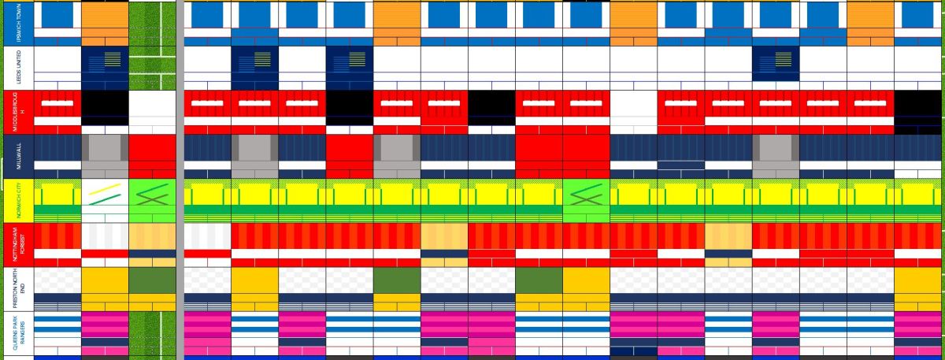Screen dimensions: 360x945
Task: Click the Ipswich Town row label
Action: click(x=18, y=24)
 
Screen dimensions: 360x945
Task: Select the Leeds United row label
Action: click(x=18, y=68)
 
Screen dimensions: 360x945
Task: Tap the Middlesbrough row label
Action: click(x=18, y=112)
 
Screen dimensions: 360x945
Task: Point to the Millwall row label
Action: click(x=18, y=157)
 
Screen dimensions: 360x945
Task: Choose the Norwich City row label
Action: click(x=18, y=201)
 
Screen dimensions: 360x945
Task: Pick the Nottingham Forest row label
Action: click(x=18, y=245)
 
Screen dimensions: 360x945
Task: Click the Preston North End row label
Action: click(x=18, y=289)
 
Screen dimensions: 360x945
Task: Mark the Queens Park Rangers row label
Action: click(x=18, y=334)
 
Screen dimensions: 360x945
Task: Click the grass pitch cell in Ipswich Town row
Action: click(x=152, y=24)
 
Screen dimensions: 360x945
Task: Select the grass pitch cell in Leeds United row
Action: click(x=152, y=68)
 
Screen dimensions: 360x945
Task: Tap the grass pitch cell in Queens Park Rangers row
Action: click(x=152, y=334)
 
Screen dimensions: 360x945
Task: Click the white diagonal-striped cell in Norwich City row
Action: click(x=105, y=201)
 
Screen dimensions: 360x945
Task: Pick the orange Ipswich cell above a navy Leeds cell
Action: click(x=105, y=24)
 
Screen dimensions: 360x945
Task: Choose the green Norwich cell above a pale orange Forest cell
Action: click(x=152, y=201)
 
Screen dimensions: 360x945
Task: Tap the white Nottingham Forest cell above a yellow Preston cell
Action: click(x=105, y=245)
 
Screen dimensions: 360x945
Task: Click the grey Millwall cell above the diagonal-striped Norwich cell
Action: click(x=105, y=157)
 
